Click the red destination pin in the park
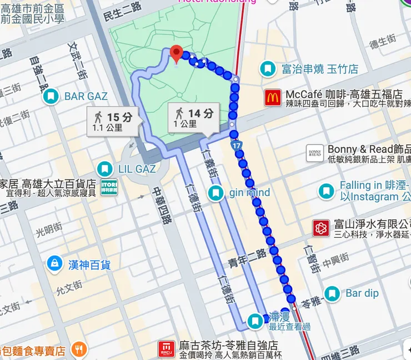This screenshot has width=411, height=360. coord(177,54)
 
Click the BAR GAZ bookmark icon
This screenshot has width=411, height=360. coord(52,97)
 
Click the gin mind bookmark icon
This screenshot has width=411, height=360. coord(215,193)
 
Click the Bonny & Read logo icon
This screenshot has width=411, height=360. coord(314,153)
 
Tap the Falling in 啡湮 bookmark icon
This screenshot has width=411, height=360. coord(327,191)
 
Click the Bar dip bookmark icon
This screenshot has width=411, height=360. coord(332,293)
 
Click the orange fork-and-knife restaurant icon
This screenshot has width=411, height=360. coord(79,350)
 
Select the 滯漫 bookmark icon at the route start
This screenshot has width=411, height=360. coord(255,321)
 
